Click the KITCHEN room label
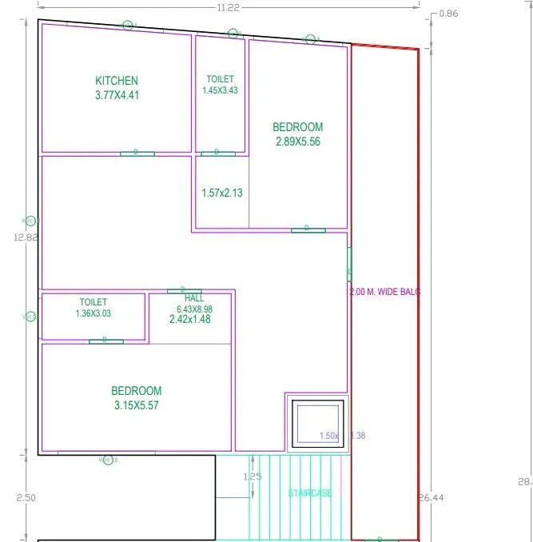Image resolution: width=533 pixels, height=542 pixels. pos(117,81)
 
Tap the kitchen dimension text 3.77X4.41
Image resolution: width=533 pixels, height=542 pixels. pos(117,95)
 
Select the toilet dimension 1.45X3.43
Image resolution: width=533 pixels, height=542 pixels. pos(220,90)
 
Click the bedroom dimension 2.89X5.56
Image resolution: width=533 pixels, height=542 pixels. pos(297,141)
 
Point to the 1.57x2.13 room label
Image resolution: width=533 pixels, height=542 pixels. pos(221,193)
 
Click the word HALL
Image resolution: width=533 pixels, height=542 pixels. pos(194,298)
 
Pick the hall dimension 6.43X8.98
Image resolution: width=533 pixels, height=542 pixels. pos(194,309)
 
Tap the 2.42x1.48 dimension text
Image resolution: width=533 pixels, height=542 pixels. pos(189,319)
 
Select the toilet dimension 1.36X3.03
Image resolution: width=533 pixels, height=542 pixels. pos(93,313)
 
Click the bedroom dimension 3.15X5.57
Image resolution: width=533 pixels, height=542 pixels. pos(136,405)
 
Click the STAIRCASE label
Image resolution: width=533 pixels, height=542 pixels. pos(310,493)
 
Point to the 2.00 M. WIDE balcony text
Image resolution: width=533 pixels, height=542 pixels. pos(385,293)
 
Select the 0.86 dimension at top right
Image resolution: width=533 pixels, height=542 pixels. pos(449,14)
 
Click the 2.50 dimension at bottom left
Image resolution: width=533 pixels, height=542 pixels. pos(26,497)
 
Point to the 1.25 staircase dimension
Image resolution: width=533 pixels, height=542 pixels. pos(253,476)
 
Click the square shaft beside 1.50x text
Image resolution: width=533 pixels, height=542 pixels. pos(317,421)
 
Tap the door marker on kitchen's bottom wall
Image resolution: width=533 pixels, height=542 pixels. pos(137,153)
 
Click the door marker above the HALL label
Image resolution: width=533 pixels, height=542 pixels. pos(184,291)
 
